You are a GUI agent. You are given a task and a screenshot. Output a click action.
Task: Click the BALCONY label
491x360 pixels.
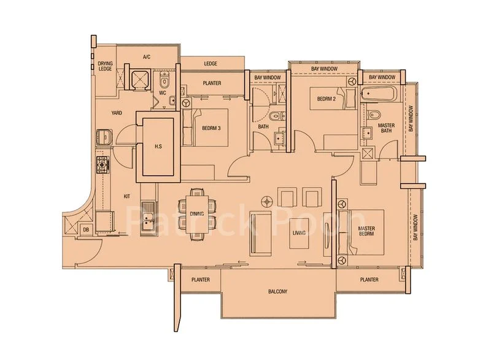(x=277, y=291)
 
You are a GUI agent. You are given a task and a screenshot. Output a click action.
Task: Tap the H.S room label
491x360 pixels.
(x=158, y=146)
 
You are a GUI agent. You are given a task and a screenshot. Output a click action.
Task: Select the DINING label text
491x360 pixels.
(x=196, y=214)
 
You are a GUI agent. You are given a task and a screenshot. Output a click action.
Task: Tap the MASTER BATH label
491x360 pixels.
(x=386, y=128)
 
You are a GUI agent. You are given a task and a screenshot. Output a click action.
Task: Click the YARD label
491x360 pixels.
(x=117, y=113)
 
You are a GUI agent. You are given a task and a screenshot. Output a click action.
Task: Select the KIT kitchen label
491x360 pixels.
(x=127, y=196)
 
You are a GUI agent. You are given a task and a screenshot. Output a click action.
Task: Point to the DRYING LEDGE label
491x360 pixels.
(x=105, y=66)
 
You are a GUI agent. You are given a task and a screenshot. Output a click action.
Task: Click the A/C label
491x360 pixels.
(x=147, y=57)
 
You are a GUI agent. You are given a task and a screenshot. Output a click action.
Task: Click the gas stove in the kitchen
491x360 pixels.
(x=102, y=164)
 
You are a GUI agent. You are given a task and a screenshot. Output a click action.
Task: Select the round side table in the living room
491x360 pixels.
(x=266, y=200)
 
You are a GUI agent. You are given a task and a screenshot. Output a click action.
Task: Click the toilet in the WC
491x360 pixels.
(x=164, y=82)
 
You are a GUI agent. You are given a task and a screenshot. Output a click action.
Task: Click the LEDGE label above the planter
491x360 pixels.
(x=211, y=63)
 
